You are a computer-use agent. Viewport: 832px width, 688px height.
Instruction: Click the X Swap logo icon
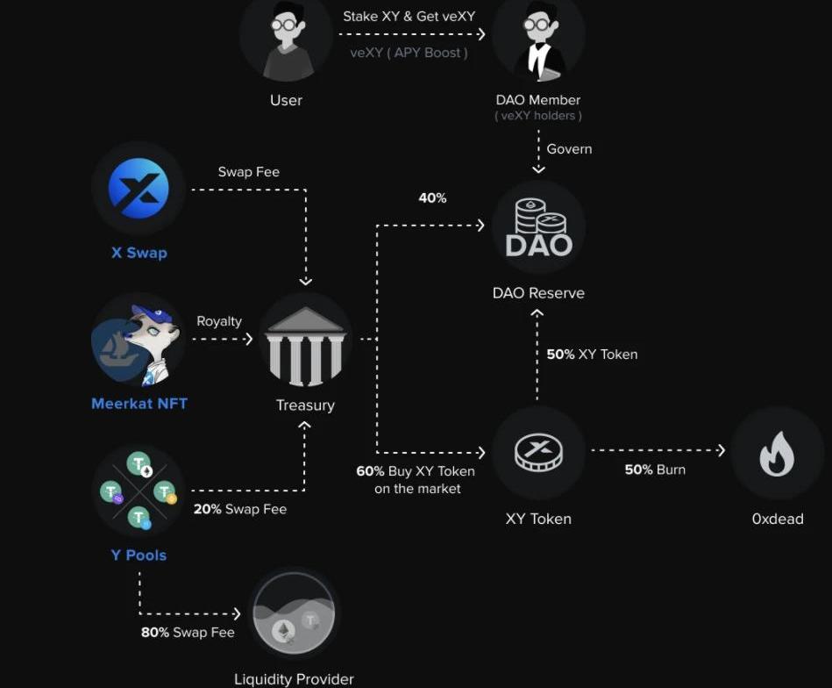point(139,189)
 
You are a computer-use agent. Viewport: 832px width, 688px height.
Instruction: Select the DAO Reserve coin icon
point(538,227)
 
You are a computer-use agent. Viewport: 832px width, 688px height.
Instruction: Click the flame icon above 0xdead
point(777,454)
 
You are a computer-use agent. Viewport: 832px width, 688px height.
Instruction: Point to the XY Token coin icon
point(538,453)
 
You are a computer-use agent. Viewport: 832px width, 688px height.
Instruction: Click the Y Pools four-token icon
point(139,491)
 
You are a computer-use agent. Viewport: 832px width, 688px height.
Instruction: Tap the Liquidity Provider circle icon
point(294,614)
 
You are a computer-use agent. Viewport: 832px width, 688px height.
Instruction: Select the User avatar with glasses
point(286,39)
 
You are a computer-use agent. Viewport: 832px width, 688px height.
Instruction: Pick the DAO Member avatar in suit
point(538,39)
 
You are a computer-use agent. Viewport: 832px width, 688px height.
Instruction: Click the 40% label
point(432,198)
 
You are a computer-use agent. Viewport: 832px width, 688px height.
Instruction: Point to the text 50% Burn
point(655,469)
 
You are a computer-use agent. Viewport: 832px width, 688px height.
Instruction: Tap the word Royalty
point(219,321)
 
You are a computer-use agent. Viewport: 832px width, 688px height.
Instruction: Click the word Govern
point(569,149)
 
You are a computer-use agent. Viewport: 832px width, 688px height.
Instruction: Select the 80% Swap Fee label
point(188,632)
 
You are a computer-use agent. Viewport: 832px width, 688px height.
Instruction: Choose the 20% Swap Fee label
point(239,509)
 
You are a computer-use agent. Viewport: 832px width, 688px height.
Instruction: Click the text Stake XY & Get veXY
point(409,17)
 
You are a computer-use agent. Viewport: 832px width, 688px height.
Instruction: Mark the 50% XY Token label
point(592,355)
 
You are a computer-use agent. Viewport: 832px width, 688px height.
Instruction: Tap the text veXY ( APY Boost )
point(409,53)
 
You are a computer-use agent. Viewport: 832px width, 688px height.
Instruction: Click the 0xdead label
point(777,519)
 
